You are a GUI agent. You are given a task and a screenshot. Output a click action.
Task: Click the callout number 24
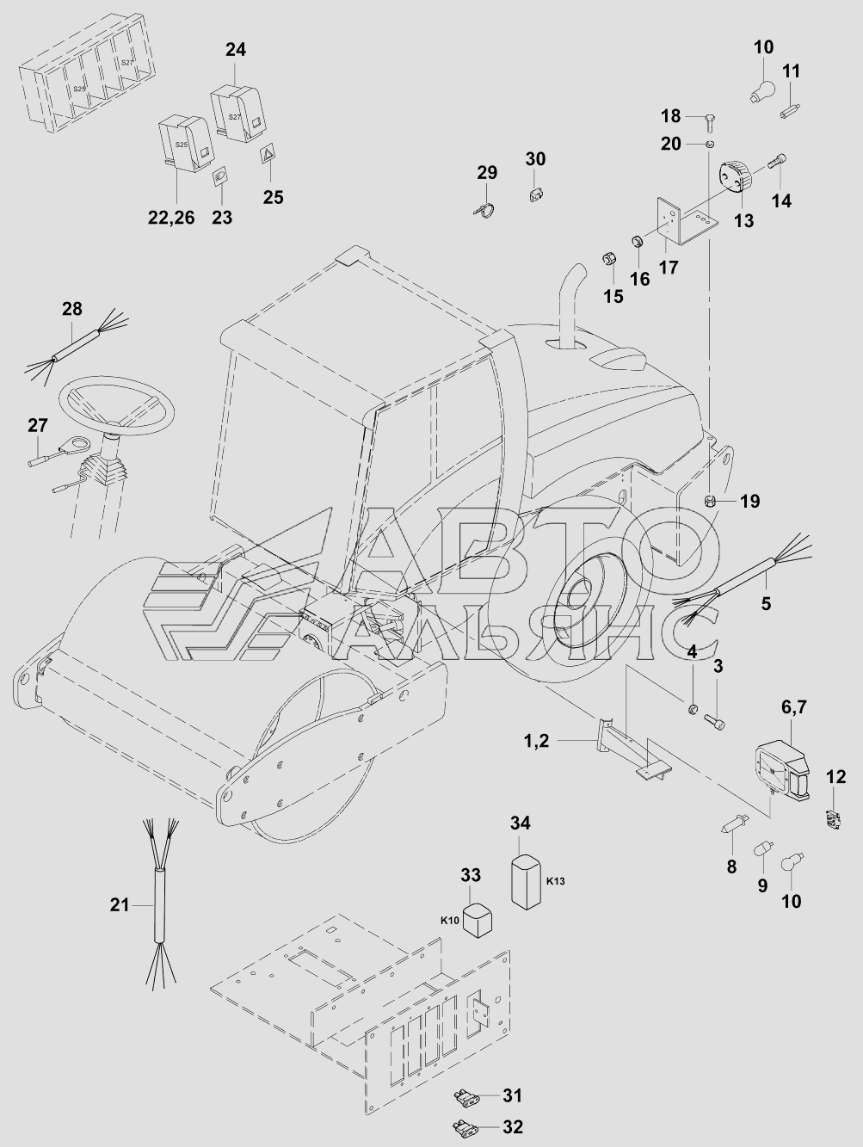(x=235, y=50)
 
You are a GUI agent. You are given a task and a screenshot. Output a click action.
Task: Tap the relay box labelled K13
(x=527, y=880)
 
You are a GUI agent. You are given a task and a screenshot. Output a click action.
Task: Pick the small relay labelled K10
(x=476, y=919)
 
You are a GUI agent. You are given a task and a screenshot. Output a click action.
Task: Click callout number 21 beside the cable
(x=120, y=904)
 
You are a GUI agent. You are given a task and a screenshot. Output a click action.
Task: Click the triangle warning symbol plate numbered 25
(x=268, y=156)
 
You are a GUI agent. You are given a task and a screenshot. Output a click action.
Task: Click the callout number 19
(x=750, y=500)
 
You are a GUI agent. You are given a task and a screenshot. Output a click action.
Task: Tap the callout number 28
(x=71, y=310)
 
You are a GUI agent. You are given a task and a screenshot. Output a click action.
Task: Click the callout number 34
(x=521, y=823)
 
